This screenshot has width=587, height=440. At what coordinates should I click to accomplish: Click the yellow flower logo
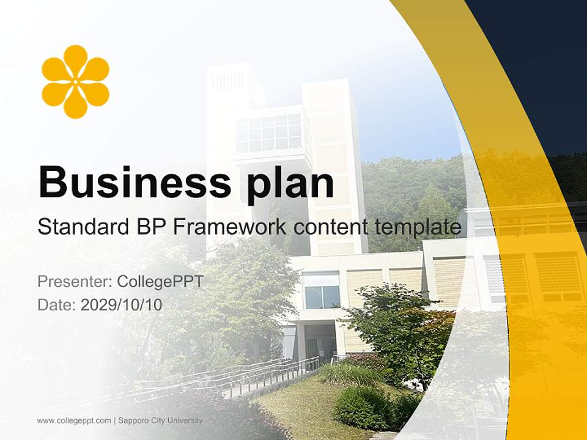(75, 81)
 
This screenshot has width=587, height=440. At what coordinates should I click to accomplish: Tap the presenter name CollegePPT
(160, 282)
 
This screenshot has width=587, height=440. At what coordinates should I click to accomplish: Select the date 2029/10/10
(122, 304)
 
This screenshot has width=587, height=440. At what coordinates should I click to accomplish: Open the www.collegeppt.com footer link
(74, 420)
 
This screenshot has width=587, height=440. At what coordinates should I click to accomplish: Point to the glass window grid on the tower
(268, 133)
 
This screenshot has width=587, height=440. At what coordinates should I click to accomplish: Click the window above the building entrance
(322, 290)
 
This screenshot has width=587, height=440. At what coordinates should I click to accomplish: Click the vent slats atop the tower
(227, 81)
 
